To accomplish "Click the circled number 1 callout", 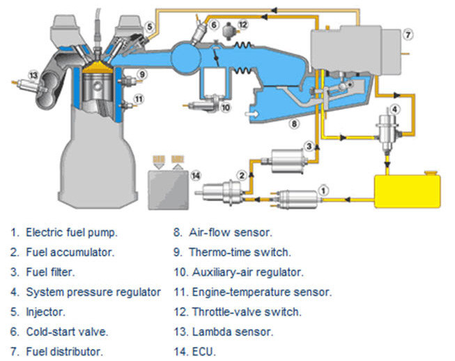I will tap(323, 189).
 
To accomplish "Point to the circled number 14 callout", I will tap(196, 175).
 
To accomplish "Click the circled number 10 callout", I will tap(225, 108).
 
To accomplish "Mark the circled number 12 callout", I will tap(242, 25).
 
